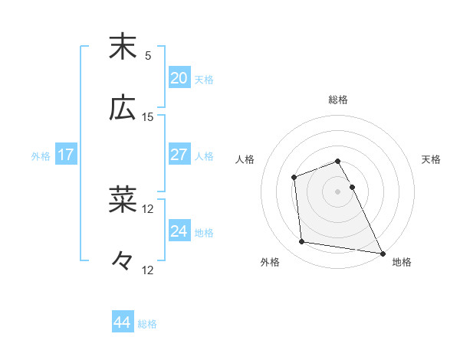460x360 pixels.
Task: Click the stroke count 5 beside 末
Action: point(148,56)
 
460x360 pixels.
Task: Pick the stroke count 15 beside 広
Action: point(148,117)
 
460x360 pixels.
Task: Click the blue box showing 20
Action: point(179,78)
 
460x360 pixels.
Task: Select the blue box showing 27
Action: point(179,155)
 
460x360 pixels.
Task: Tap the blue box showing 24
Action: point(179,231)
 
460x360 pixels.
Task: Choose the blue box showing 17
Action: point(66,155)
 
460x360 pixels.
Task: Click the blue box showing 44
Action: point(122,322)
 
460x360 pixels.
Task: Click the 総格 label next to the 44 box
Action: point(147,324)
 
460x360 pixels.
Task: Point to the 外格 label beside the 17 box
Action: point(41,156)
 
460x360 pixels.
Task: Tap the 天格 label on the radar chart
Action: point(432,159)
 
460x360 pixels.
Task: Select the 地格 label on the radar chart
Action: point(402,262)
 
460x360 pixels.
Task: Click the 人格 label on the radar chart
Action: point(245,159)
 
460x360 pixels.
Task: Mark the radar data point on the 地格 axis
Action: point(382,253)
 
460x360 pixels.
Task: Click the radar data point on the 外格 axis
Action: point(303,243)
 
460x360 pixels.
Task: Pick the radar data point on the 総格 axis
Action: point(337,161)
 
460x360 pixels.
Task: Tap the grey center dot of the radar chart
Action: point(337,191)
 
